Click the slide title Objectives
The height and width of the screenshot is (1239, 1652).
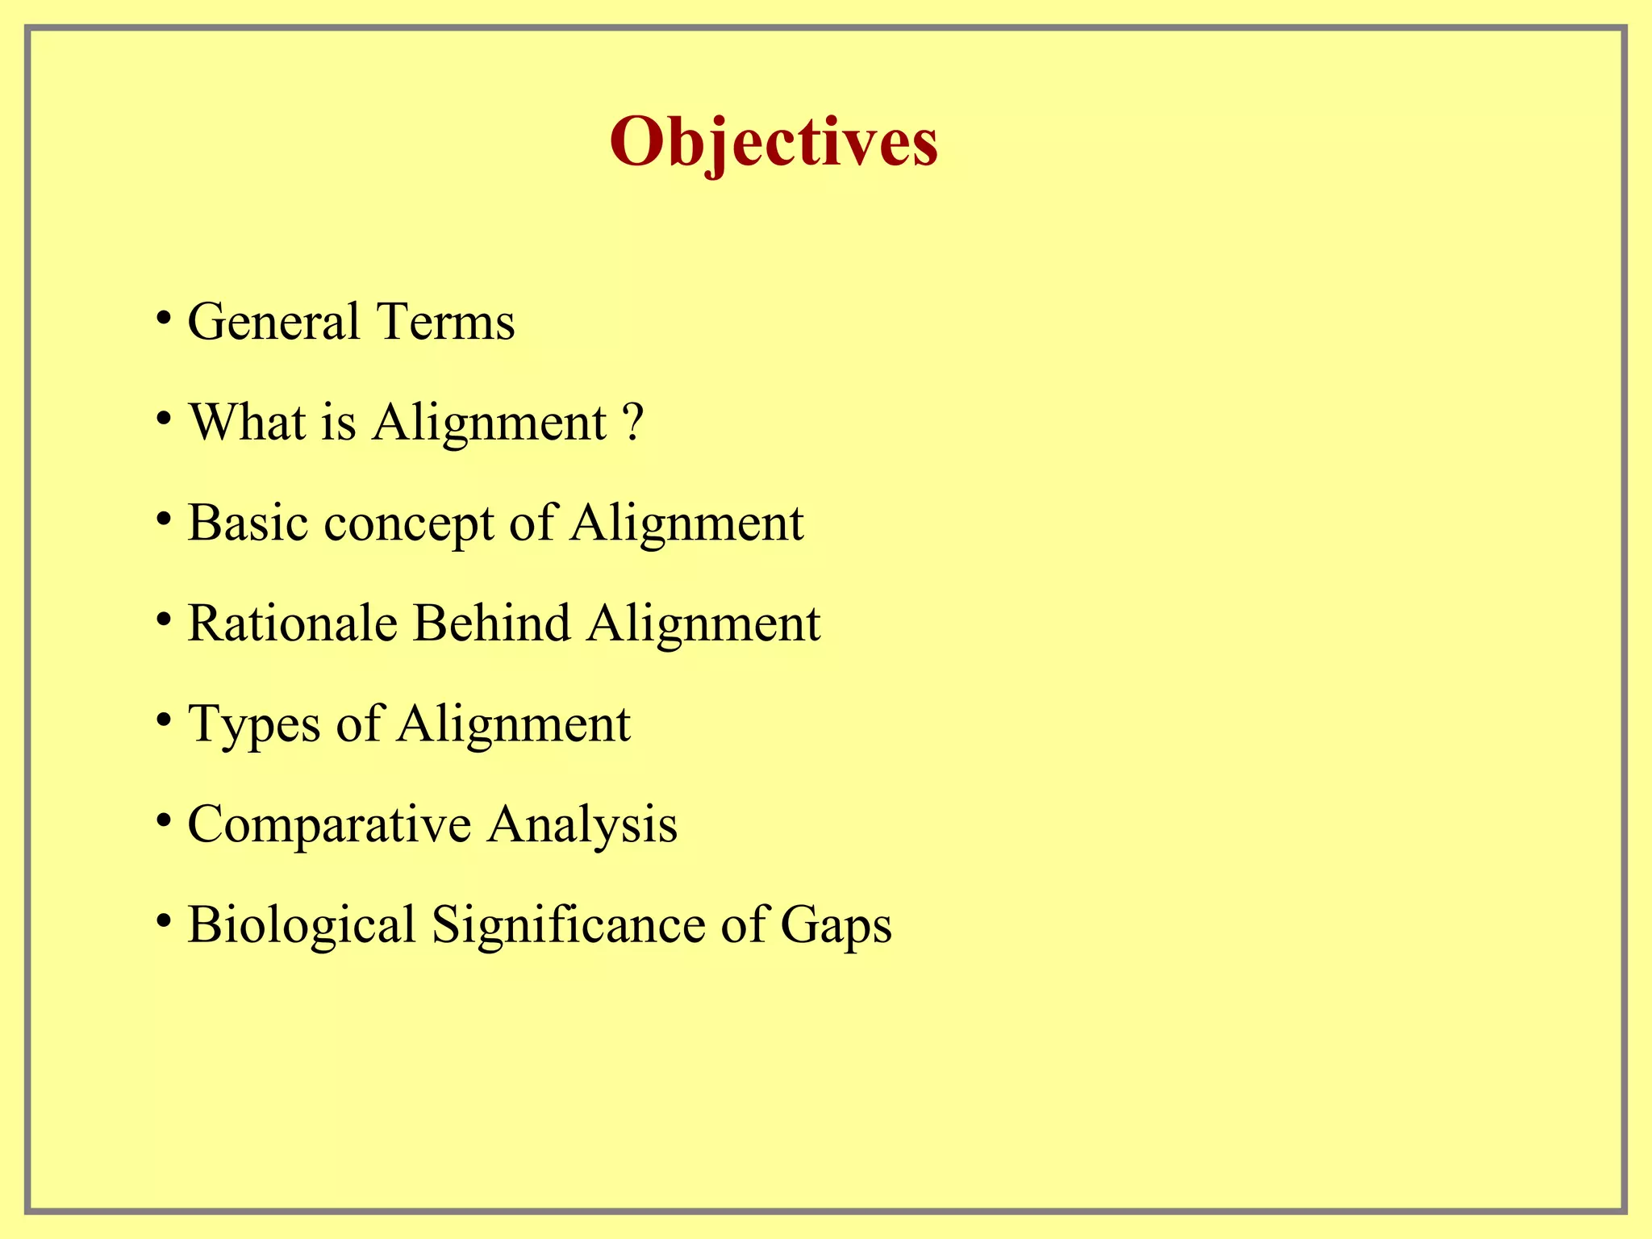click(774, 142)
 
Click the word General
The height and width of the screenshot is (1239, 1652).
click(273, 322)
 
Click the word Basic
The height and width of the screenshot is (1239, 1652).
click(248, 523)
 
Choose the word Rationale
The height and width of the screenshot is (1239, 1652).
click(292, 624)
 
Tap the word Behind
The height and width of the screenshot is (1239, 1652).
click(491, 624)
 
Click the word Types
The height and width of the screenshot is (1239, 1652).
click(254, 725)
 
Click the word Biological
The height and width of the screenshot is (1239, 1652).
click(301, 925)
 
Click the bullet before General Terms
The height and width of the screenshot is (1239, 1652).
click(164, 317)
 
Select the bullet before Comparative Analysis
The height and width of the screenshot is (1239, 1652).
click(164, 820)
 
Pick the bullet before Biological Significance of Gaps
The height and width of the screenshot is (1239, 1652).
click(164, 920)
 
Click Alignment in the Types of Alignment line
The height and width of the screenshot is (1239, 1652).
click(513, 725)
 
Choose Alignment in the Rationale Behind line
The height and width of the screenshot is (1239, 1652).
click(703, 625)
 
